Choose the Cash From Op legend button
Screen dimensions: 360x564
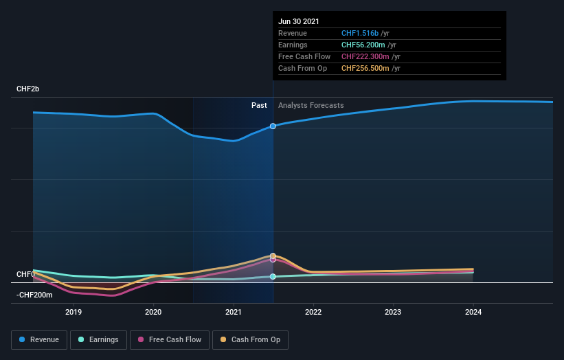251,339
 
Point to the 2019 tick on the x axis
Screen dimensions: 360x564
74,312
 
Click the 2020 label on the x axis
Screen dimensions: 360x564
153,312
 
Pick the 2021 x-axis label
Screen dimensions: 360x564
234,312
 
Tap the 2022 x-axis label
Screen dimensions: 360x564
313,312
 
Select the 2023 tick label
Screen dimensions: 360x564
393,312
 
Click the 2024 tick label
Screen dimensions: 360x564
473,312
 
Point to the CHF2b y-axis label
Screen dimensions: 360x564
28,89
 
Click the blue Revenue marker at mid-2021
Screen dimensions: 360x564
273,126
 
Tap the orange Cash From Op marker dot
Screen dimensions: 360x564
273,256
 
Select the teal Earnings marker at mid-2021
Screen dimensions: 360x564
273,277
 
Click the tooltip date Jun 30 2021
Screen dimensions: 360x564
299,21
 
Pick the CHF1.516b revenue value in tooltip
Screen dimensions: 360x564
364,33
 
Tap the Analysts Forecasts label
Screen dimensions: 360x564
311,105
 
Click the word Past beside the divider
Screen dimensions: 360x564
259,105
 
